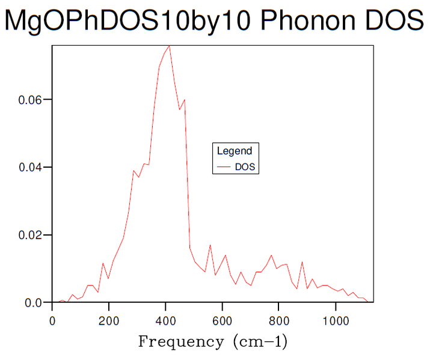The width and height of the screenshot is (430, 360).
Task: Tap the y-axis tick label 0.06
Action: pyautogui.click(x=29, y=100)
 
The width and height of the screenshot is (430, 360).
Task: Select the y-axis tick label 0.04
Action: pyautogui.click(x=29, y=167)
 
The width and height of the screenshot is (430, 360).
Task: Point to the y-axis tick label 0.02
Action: pyautogui.click(x=29, y=235)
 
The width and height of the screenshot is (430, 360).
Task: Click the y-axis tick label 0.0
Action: pyautogui.click(x=33, y=303)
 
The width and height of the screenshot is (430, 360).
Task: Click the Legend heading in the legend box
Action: pyautogui.click(x=235, y=151)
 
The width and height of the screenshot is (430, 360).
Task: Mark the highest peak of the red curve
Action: pyautogui.click(x=170, y=46)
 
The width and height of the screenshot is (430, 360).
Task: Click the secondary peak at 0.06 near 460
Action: pyautogui.click(x=184, y=100)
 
